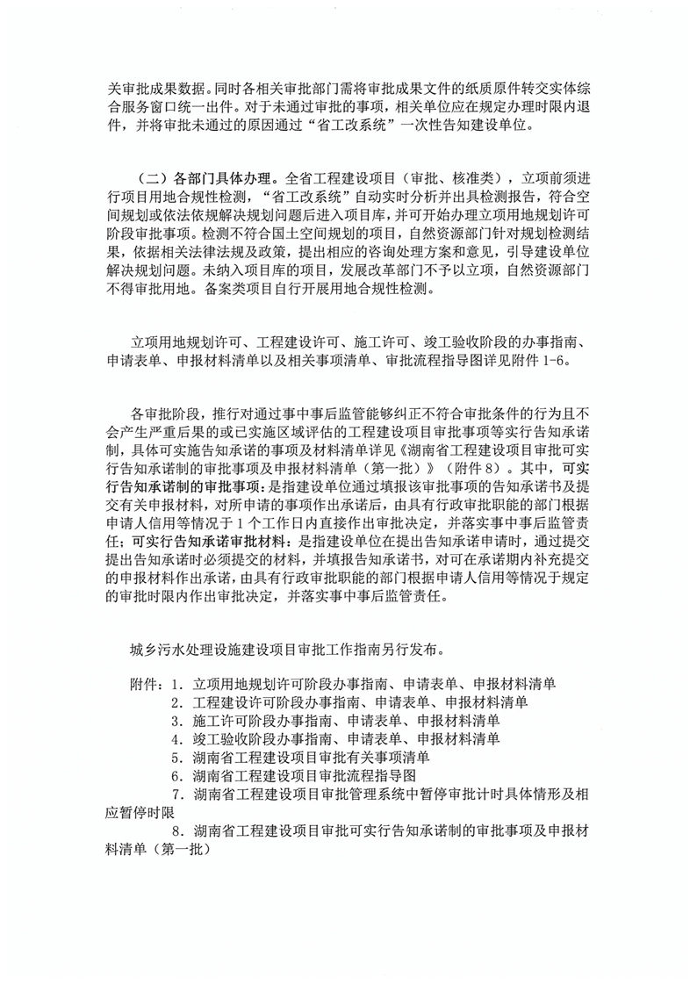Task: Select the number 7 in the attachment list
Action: pos(178,794)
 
